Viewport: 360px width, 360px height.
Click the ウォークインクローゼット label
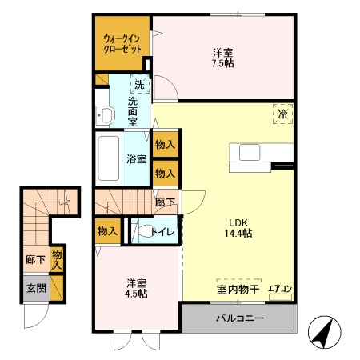click(x=122, y=44)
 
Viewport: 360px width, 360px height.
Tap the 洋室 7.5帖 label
click(x=223, y=58)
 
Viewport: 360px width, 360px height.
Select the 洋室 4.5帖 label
click(x=136, y=288)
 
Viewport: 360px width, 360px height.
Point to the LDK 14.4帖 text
click(x=238, y=228)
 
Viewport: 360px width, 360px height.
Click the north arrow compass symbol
click(x=325, y=332)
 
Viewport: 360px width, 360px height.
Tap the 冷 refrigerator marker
click(x=282, y=114)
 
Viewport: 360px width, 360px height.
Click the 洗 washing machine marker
click(x=140, y=84)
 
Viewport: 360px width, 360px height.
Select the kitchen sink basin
click(x=250, y=152)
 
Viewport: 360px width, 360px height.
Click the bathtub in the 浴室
click(x=109, y=158)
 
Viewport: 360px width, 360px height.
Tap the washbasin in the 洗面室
click(x=106, y=115)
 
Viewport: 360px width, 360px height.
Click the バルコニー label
click(x=240, y=318)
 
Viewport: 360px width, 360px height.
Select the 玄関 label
click(x=37, y=288)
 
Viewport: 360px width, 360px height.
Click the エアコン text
click(x=280, y=289)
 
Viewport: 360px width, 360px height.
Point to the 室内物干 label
click(x=238, y=290)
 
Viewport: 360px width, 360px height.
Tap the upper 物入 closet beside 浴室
click(x=166, y=144)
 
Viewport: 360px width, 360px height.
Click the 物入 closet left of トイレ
click(x=108, y=231)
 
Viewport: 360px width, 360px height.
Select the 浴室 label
click(x=137, y=159)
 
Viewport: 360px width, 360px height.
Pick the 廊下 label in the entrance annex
click(x=35, y=259)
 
